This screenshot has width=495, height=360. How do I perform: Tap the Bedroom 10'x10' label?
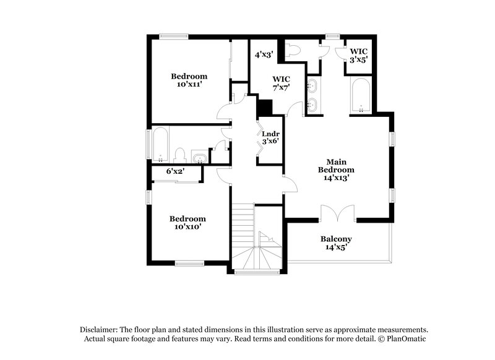[x=187, y=223]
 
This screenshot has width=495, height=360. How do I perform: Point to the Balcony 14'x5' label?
[x=336, y=243]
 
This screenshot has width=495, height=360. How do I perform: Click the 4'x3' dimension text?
[x=264, y=54]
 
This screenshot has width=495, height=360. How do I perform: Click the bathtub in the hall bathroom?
[x=160, y=143]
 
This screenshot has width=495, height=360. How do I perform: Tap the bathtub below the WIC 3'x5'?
[x=360, y=95]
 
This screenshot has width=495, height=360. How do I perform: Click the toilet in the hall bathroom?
[x=181, y=155]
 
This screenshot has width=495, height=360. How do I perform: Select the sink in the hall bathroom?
[x=199, y=158]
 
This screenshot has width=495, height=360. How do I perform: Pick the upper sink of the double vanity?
[x=314, y=85]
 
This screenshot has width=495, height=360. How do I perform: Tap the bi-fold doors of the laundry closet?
[x=260, y=139]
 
